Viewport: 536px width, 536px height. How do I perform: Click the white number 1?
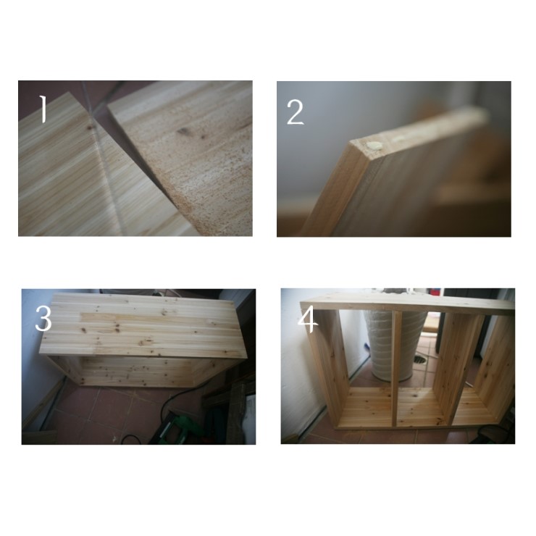[43, 109]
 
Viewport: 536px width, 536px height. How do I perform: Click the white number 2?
[296, 112]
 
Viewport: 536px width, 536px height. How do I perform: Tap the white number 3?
[43, 319]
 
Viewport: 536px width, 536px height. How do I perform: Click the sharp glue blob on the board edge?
[374, 146]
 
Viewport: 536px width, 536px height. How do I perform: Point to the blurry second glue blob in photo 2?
[398, 139]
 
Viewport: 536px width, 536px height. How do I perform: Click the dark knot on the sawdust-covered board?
[183, 131]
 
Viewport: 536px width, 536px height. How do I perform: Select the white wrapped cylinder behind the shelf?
[393, 346]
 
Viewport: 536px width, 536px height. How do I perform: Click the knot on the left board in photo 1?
[91, 127]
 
